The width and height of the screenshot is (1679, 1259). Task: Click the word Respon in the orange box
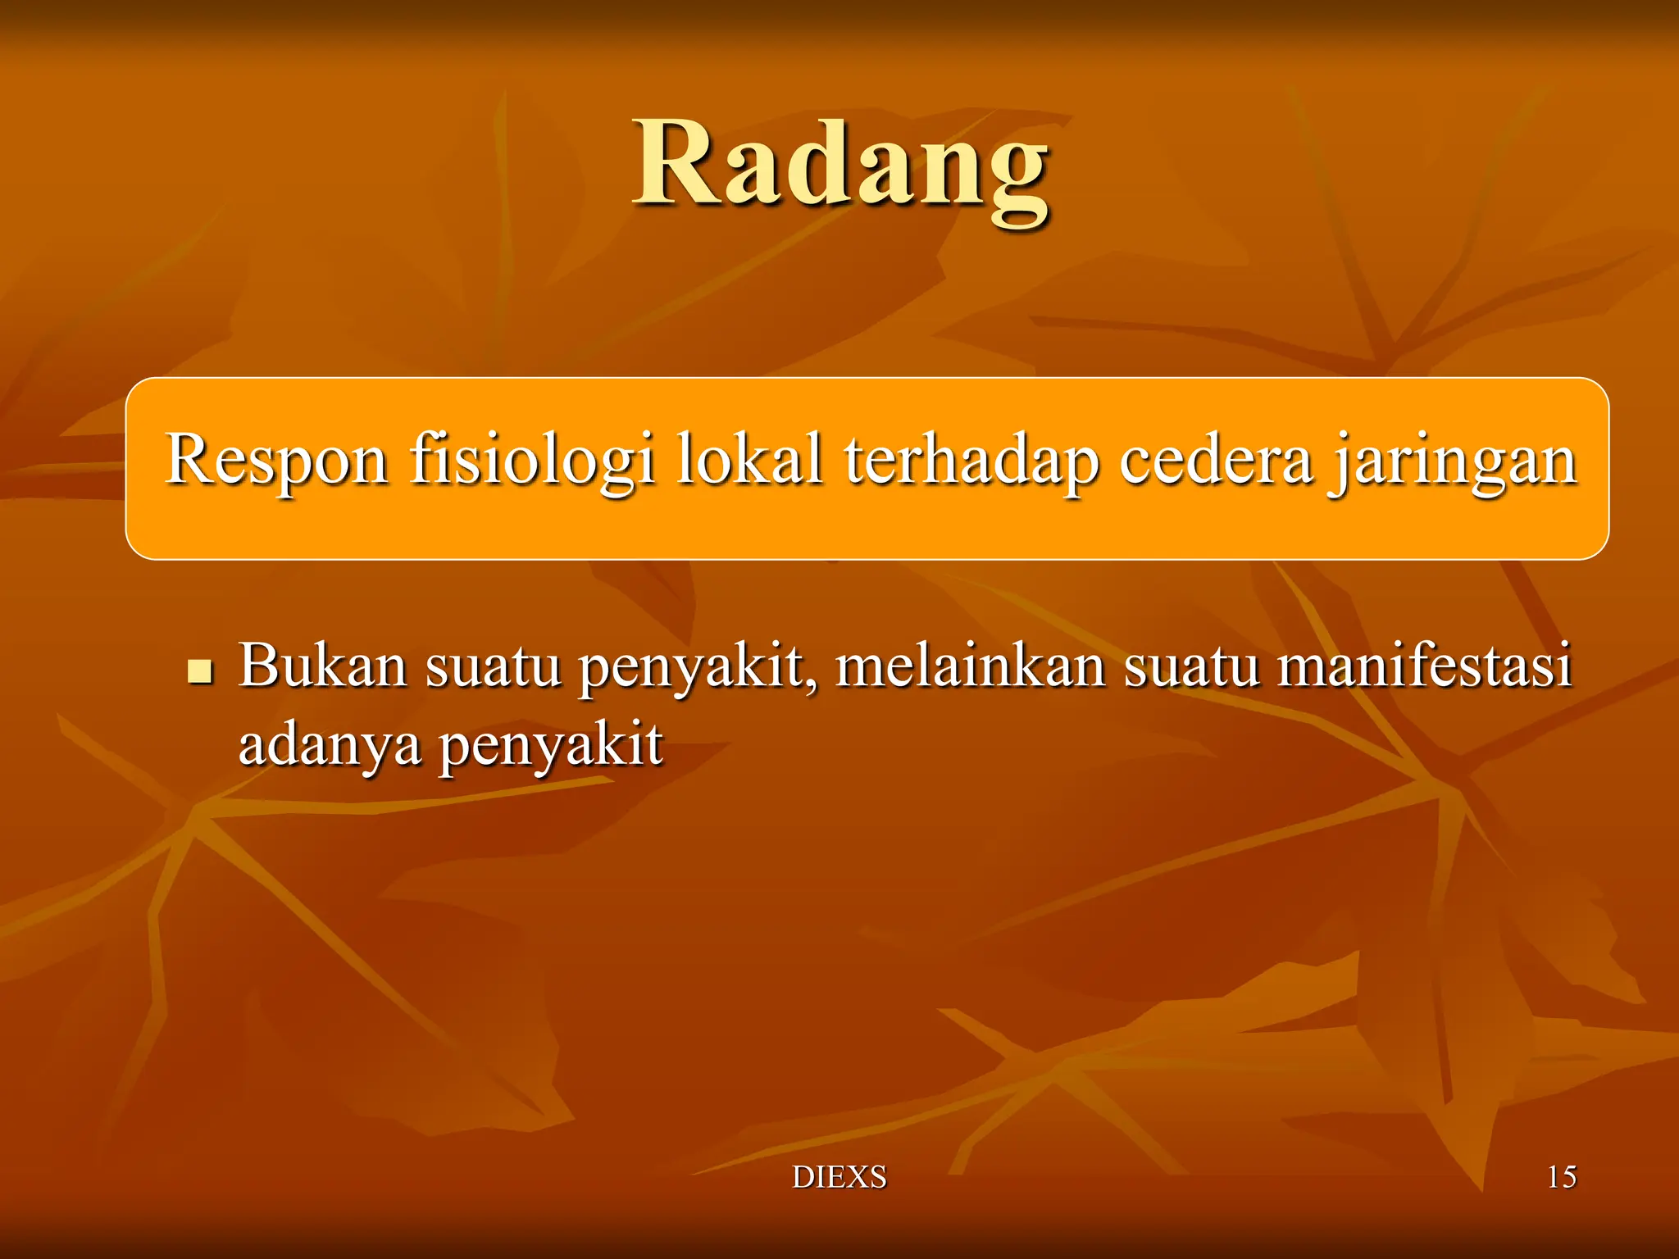pos(276,461)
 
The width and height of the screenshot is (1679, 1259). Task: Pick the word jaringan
pos(1454,461)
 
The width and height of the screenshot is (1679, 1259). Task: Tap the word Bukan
pos(322,666)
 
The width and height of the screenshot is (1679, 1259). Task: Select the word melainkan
pos(971,666)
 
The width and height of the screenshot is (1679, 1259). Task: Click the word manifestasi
pos(1424,666)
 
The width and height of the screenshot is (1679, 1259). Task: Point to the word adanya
pos(330,746)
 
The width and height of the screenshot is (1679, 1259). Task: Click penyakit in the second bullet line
pos(550,746)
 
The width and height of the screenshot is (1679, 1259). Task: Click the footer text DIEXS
pos(839,1177)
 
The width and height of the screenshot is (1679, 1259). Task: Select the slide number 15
pos(1561,1177)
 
